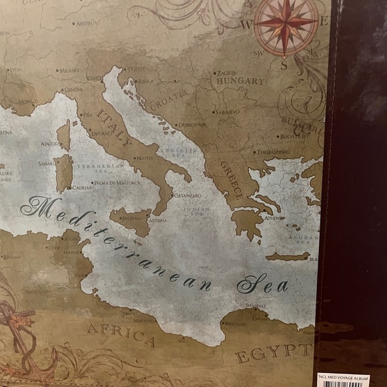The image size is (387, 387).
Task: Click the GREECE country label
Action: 233,180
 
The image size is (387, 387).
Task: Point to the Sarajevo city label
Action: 227,111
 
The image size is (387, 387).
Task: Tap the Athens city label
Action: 274,218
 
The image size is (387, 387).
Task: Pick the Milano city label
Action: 69,70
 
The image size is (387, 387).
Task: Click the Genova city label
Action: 73,89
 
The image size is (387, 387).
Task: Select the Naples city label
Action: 143,158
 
